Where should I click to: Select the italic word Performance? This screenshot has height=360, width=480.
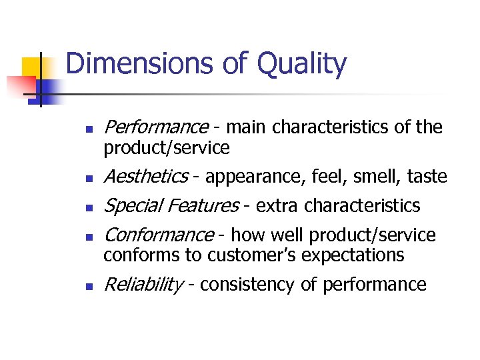tap(156, 127)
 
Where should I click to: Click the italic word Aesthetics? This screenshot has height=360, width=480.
tap(146, 177)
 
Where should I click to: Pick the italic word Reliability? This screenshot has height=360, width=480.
tap(143, 285)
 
